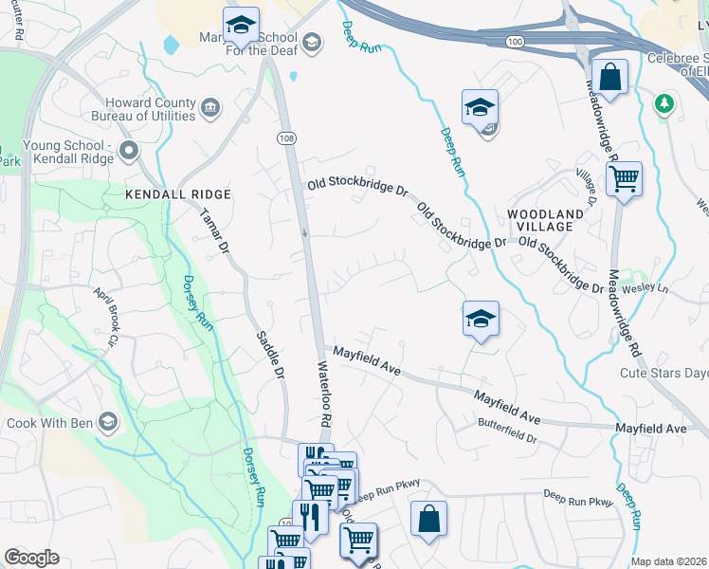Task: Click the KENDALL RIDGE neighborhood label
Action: (x=178, y=193)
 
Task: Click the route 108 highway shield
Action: (x=287, y=138)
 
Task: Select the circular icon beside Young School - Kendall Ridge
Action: (x=130, y=150)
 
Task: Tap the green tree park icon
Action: (x=666, y=101)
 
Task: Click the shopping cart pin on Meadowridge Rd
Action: (x=624, y=178)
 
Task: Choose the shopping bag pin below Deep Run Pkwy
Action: (x=428, y=519)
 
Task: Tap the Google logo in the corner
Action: (x=30, y=558)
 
